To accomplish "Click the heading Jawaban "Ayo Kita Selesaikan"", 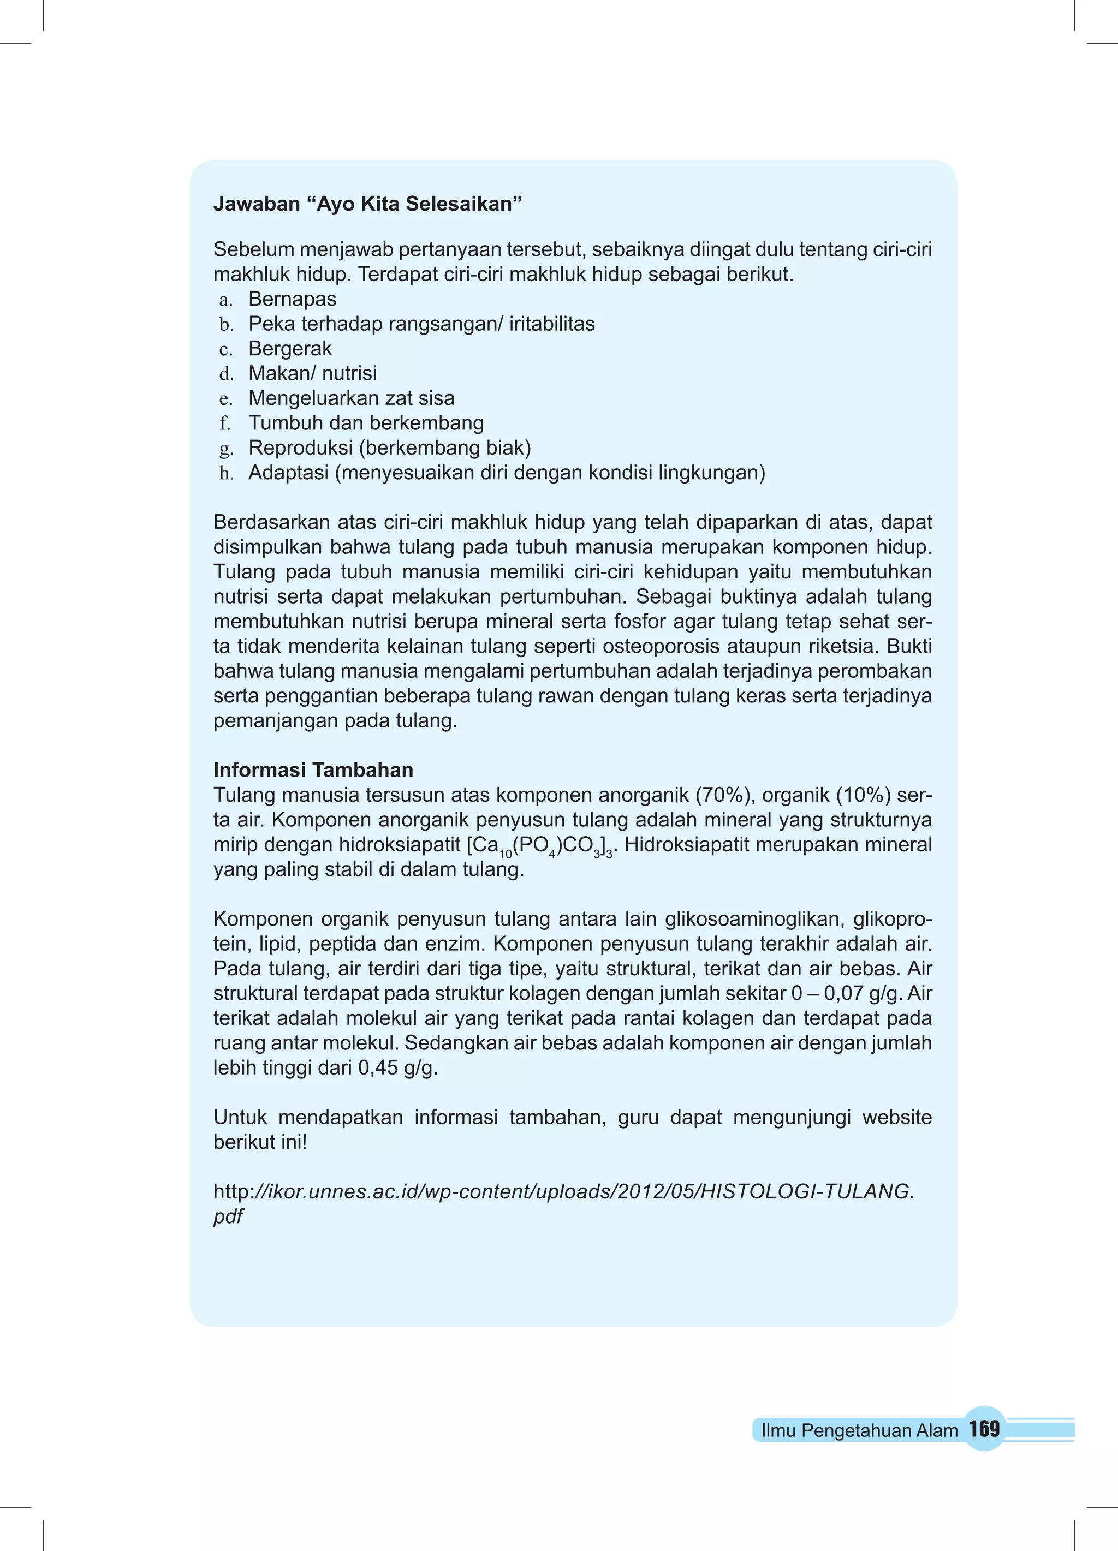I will point(367,204).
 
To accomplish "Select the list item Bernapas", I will point(292,299).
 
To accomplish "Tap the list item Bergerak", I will point(289,349).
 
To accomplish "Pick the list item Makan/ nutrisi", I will point(312,373).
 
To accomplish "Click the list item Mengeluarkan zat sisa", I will point(351,398).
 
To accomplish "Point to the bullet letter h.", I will point(227,473).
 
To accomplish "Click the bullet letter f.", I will point(225,423).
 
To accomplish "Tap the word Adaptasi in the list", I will point(288,473).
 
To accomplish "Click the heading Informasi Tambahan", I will point(313,770).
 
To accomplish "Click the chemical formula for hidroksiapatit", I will point(541,846).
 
